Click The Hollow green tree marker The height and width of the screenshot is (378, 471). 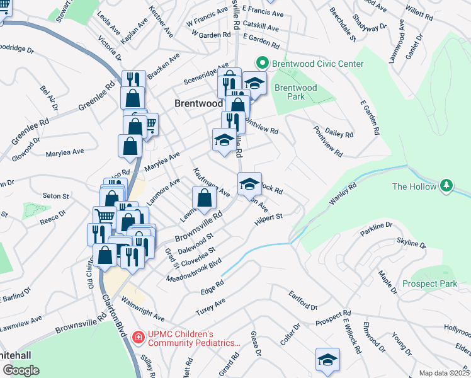click(446, 186)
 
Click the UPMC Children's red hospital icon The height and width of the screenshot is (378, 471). click(138, 338)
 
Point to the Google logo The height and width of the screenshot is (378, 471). click(21, 370)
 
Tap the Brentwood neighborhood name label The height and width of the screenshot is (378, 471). click(198, 103)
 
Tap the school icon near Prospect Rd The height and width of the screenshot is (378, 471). click(327, 360)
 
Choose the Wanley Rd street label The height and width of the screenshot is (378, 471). click(343, 194)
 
